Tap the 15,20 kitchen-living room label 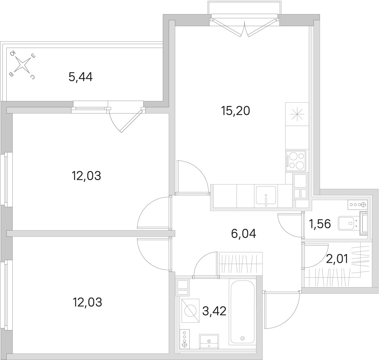pyautogui.click(x=235, y=111)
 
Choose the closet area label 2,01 pyautogui.click(x=337, y=259)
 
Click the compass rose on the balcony pyautogui.click(x=23, y=64)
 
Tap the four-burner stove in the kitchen pyautogui.click(x=296, y=160)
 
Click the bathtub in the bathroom pyautogui.click(x=242, y=311)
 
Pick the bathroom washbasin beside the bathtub pyautogui.click(x=209, y=341)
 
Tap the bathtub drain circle pyautogui.click(x=242, y=339)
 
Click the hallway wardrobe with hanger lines pyautogui.click(x=241, y=264)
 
